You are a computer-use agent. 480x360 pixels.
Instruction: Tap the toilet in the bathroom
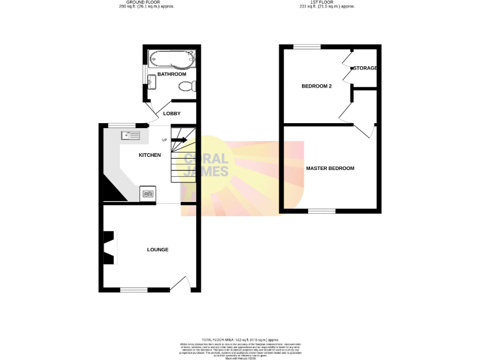click(187, 86)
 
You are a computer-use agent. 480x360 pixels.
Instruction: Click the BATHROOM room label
click(172, 74)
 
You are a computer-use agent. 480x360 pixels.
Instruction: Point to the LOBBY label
click(172, 114)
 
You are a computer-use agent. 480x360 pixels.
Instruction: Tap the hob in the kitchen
click(148, 194)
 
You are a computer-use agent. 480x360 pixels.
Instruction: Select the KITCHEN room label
click(149, 155)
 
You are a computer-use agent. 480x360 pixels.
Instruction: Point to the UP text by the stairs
click(164, 140)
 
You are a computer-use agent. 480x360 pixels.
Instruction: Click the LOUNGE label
click(157, 250)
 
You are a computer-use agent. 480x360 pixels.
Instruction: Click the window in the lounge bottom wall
click(133, 290)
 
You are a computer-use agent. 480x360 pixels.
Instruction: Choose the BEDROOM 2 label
click(316, 86)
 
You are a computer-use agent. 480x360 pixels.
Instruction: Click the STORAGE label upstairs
click(366, 67)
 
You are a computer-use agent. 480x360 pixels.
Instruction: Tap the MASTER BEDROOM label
click(330, 169)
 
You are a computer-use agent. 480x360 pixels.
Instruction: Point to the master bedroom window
click(322, 211)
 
